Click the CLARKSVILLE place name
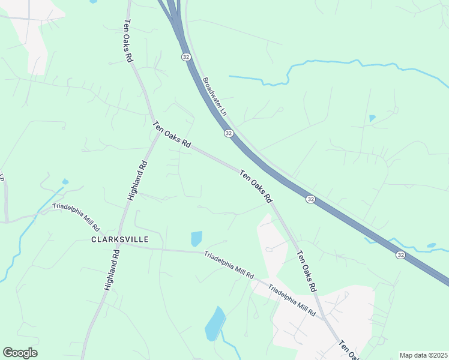[x=119, y=239]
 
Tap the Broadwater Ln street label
[x=215, y=96]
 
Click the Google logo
[x=20, y=353]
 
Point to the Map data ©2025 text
[x=423, y=355]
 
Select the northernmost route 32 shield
[x=186, y=56]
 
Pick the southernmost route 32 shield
[x=400, y=255]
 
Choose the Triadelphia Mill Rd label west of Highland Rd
[x=76, y=217]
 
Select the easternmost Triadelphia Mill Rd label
[x=292, y=300]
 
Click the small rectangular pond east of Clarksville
[x=196, y=239]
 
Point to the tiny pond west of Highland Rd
[x=65, y=181]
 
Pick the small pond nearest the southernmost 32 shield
[x=431, y=245]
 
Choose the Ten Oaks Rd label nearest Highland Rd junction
[x=172, y=136]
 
